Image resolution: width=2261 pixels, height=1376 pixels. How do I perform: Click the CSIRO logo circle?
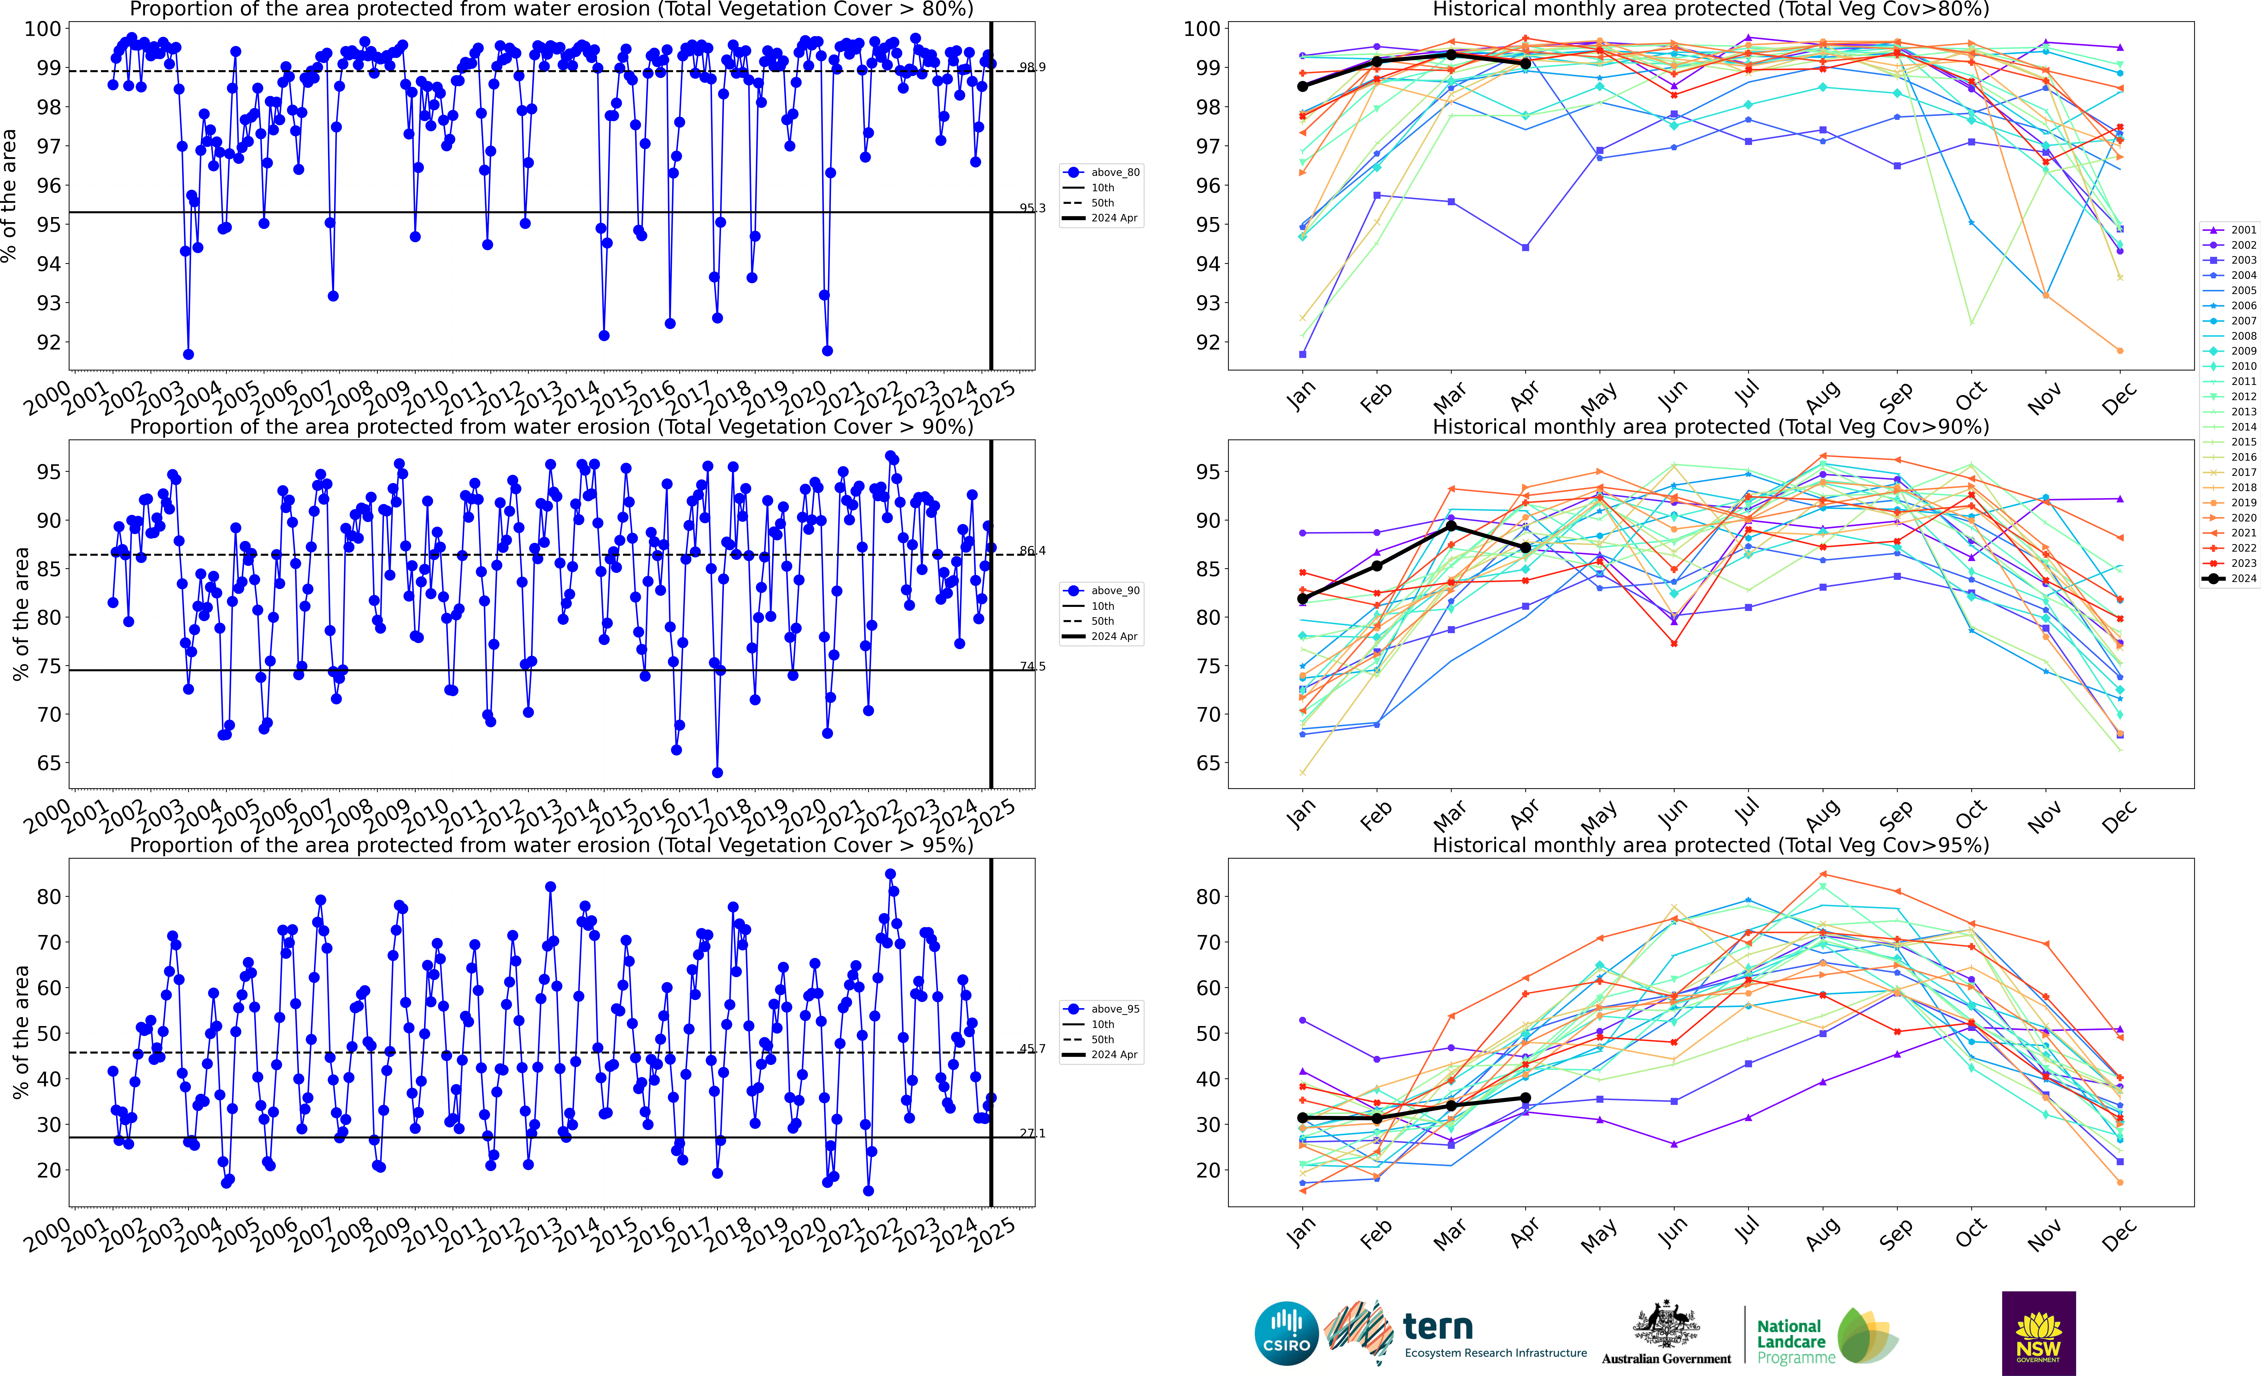click(x=1286, y=1333)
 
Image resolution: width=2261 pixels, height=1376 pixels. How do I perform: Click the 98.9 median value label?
click(x=1032, y=67)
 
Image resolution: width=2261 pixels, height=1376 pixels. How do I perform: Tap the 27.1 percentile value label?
click(x=1032, y=1133)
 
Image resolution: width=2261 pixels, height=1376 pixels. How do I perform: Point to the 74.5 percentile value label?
click(x=1032, y=666)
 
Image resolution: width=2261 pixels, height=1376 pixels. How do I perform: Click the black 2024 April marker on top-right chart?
click(x=1525, y=63)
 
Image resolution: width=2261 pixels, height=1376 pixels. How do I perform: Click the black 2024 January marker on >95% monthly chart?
click(x=1302, y=1117)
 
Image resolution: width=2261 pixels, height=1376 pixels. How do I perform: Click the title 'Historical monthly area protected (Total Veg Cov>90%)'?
click(x=1711, y=427)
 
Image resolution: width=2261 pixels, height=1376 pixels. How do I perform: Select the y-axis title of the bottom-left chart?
click(x=20, y=1032)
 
